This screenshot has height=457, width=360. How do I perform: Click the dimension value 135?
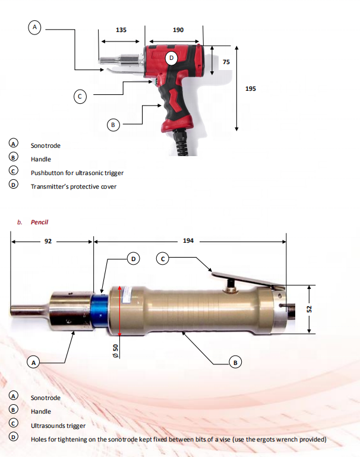pos(121,29)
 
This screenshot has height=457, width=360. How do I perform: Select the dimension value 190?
pos(178,29)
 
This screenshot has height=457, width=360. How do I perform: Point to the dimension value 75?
pos(226,62)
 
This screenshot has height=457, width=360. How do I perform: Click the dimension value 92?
pos(48,242)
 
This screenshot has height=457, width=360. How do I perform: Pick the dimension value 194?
pos(188,242)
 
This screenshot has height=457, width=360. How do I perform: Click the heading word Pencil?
pos(39,222)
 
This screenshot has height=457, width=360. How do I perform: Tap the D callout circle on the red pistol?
pos(171,58)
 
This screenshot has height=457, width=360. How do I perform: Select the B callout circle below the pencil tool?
pos(235,361)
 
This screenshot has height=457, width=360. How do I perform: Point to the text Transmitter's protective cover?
pos(74,186)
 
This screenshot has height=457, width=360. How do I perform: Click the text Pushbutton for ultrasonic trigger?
pos(77,173)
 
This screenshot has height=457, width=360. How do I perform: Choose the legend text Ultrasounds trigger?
pos(58,426)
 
